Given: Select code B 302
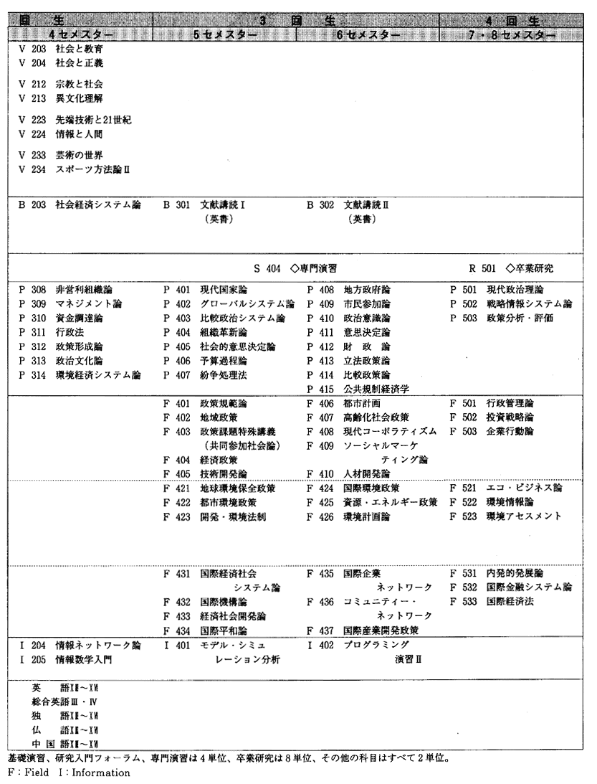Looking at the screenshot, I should (320, 204).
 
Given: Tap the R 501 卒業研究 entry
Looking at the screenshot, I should (511, 269).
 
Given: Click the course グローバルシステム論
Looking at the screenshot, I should (247, 303).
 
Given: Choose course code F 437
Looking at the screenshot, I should (320, 630).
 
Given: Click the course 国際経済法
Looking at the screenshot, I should (510, 602).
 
